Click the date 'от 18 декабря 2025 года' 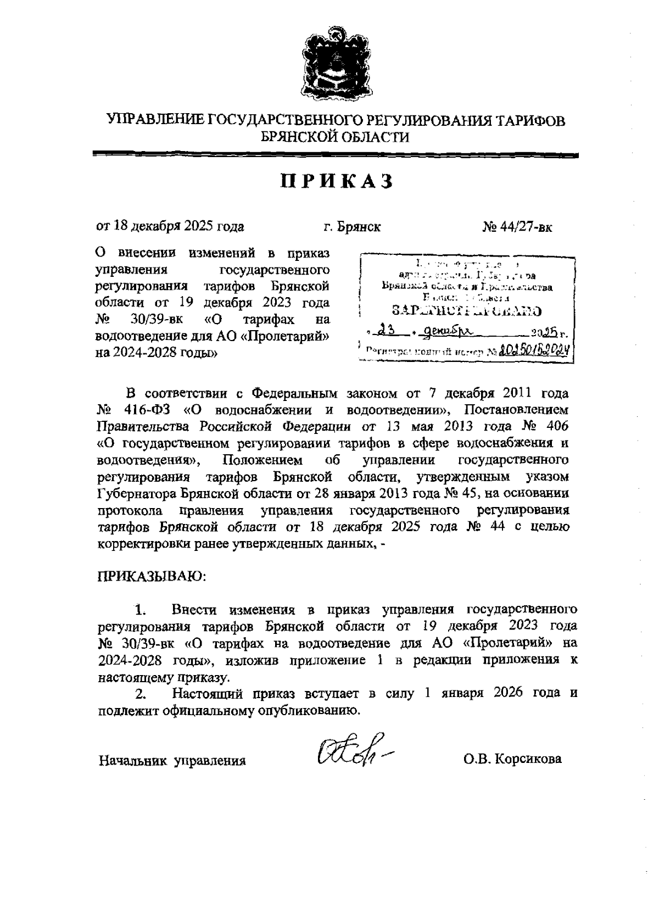point(170,226)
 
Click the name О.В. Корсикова point(512,759)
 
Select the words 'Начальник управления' point(171,760)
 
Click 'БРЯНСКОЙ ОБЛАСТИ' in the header point(336,137)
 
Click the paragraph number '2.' point(141,694)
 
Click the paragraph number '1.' point(141,610)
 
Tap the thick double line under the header point(336,156)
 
